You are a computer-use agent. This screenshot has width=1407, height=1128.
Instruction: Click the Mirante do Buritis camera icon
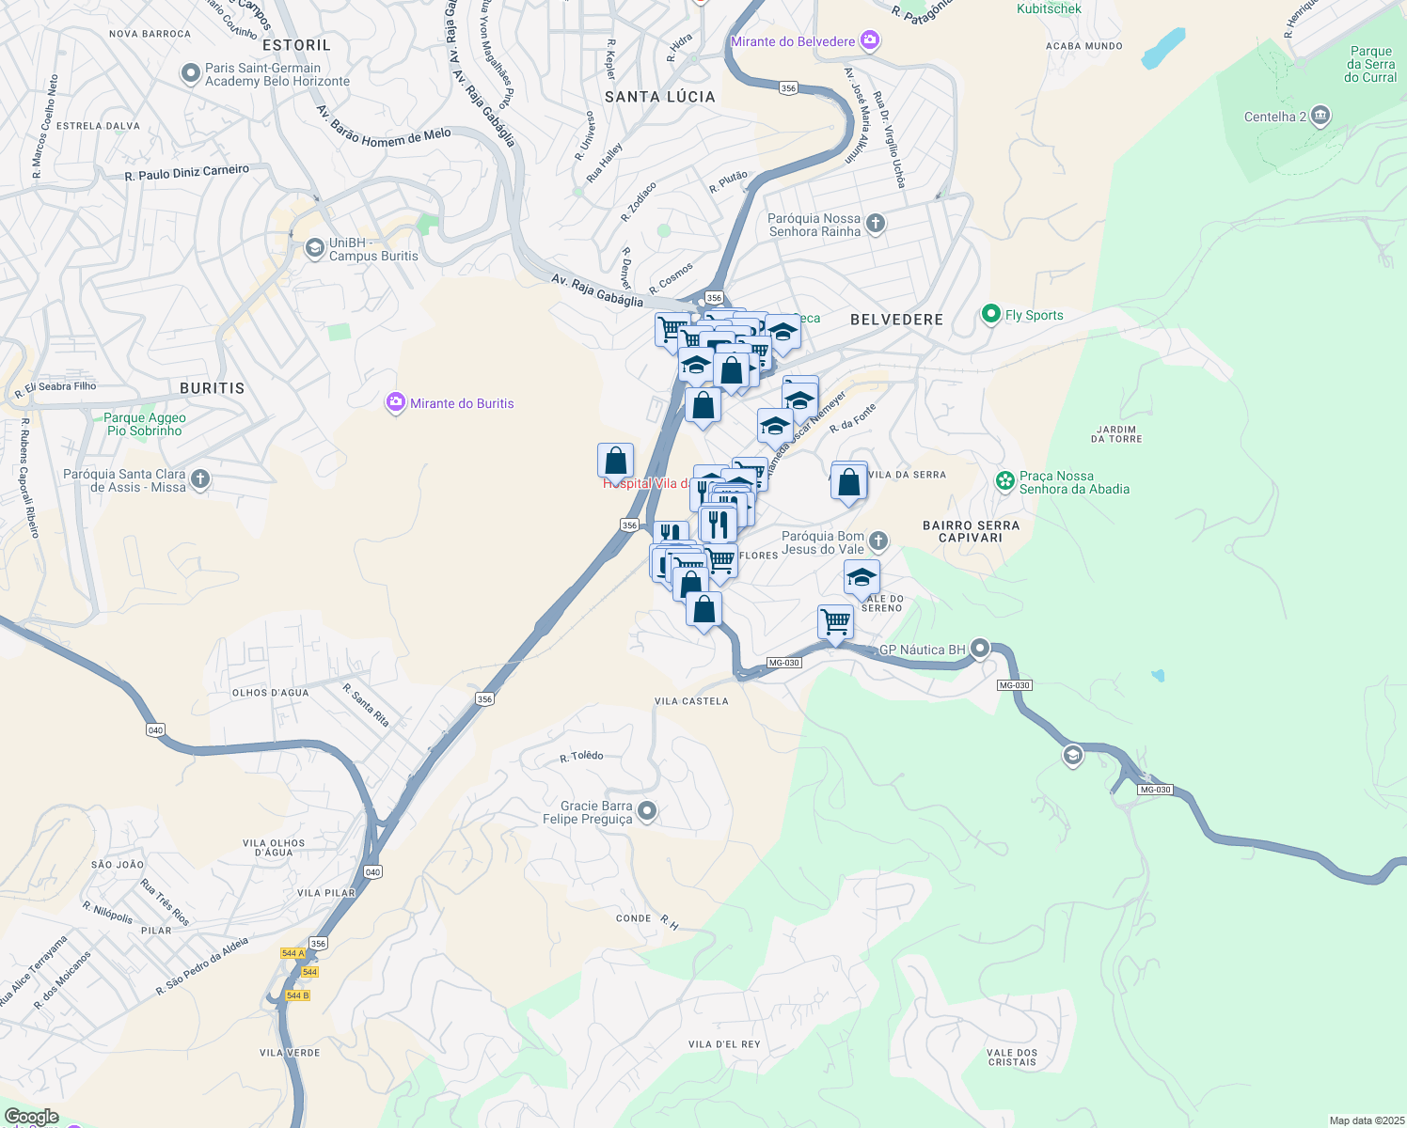point(396,403)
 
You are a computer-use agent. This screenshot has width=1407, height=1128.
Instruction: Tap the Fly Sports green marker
point(990,315)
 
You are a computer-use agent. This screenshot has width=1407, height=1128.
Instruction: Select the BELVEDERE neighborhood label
point(896,320)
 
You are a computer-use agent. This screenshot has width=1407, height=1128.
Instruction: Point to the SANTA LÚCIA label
point(659,97)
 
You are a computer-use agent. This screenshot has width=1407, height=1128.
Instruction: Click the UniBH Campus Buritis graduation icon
point(314,248)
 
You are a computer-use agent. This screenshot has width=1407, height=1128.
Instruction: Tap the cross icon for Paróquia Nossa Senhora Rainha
point(876,224)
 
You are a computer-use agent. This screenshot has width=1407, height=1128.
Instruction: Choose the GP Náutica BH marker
point(980,649)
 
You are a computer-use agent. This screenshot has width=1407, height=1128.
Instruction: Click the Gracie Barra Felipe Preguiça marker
point(647,811)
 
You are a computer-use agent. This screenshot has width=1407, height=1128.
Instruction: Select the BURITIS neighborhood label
point(212,388)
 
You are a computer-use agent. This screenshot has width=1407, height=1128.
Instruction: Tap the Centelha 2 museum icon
point(1320,117)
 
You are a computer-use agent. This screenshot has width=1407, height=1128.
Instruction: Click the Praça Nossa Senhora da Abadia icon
point(1005,481)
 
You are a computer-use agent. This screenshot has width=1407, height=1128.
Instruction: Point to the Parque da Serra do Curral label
point(1370,65)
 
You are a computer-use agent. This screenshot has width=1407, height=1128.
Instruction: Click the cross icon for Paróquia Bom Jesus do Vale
point(877,540)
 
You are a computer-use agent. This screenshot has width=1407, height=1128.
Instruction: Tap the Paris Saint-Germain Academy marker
point(191,73)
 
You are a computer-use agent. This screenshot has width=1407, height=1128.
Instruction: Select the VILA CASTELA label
point(691,701)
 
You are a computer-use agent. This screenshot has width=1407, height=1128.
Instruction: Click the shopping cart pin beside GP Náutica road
point(835,621)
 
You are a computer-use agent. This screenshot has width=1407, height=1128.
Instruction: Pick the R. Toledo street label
point(581,757)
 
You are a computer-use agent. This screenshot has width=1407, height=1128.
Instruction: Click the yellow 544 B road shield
point(297,995)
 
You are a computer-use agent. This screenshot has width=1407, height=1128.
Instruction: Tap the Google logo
point(31,1117)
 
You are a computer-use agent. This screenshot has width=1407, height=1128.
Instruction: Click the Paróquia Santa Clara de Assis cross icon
point(199,479)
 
